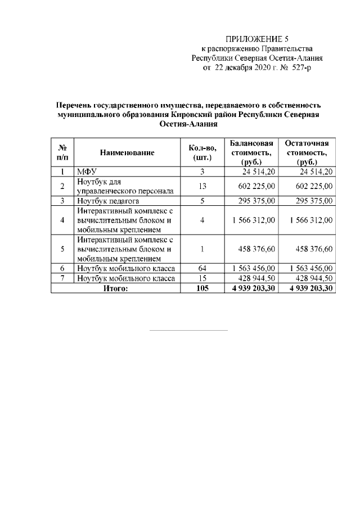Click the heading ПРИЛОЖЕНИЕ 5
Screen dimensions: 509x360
256,39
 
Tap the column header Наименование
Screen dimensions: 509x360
127,152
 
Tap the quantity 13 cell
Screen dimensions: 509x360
202,186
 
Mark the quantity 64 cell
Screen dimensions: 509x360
202,268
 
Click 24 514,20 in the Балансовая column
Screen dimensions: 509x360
259,172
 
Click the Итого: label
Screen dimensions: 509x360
115,289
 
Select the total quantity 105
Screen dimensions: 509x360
202,289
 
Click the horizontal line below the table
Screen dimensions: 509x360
188,330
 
